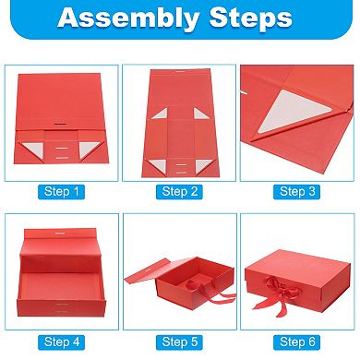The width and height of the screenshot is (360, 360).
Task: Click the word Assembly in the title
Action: point(135,18)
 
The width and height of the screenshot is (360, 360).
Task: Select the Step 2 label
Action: point(180,191)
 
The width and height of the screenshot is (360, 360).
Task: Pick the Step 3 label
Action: point(298,191)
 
